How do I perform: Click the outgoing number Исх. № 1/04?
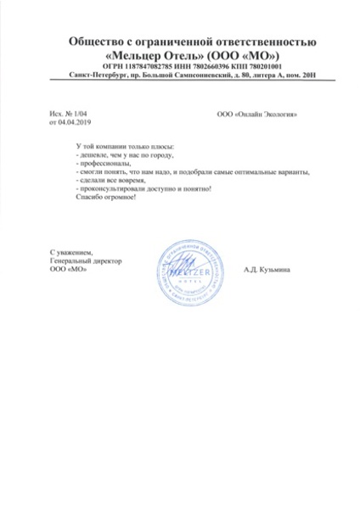click(x=68, y=114)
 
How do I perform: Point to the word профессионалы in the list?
click(x=104, y=163)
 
